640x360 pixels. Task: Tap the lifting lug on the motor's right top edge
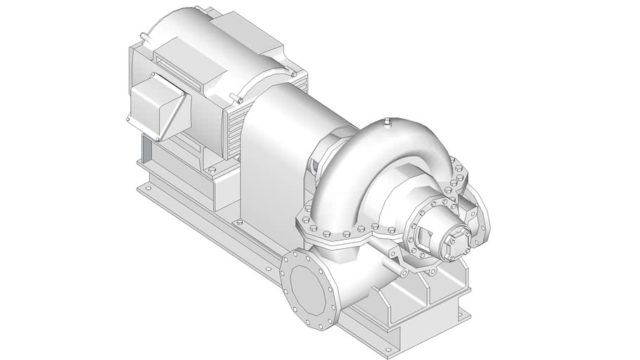pos(290,72)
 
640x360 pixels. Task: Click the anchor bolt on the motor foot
pos(211,170)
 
